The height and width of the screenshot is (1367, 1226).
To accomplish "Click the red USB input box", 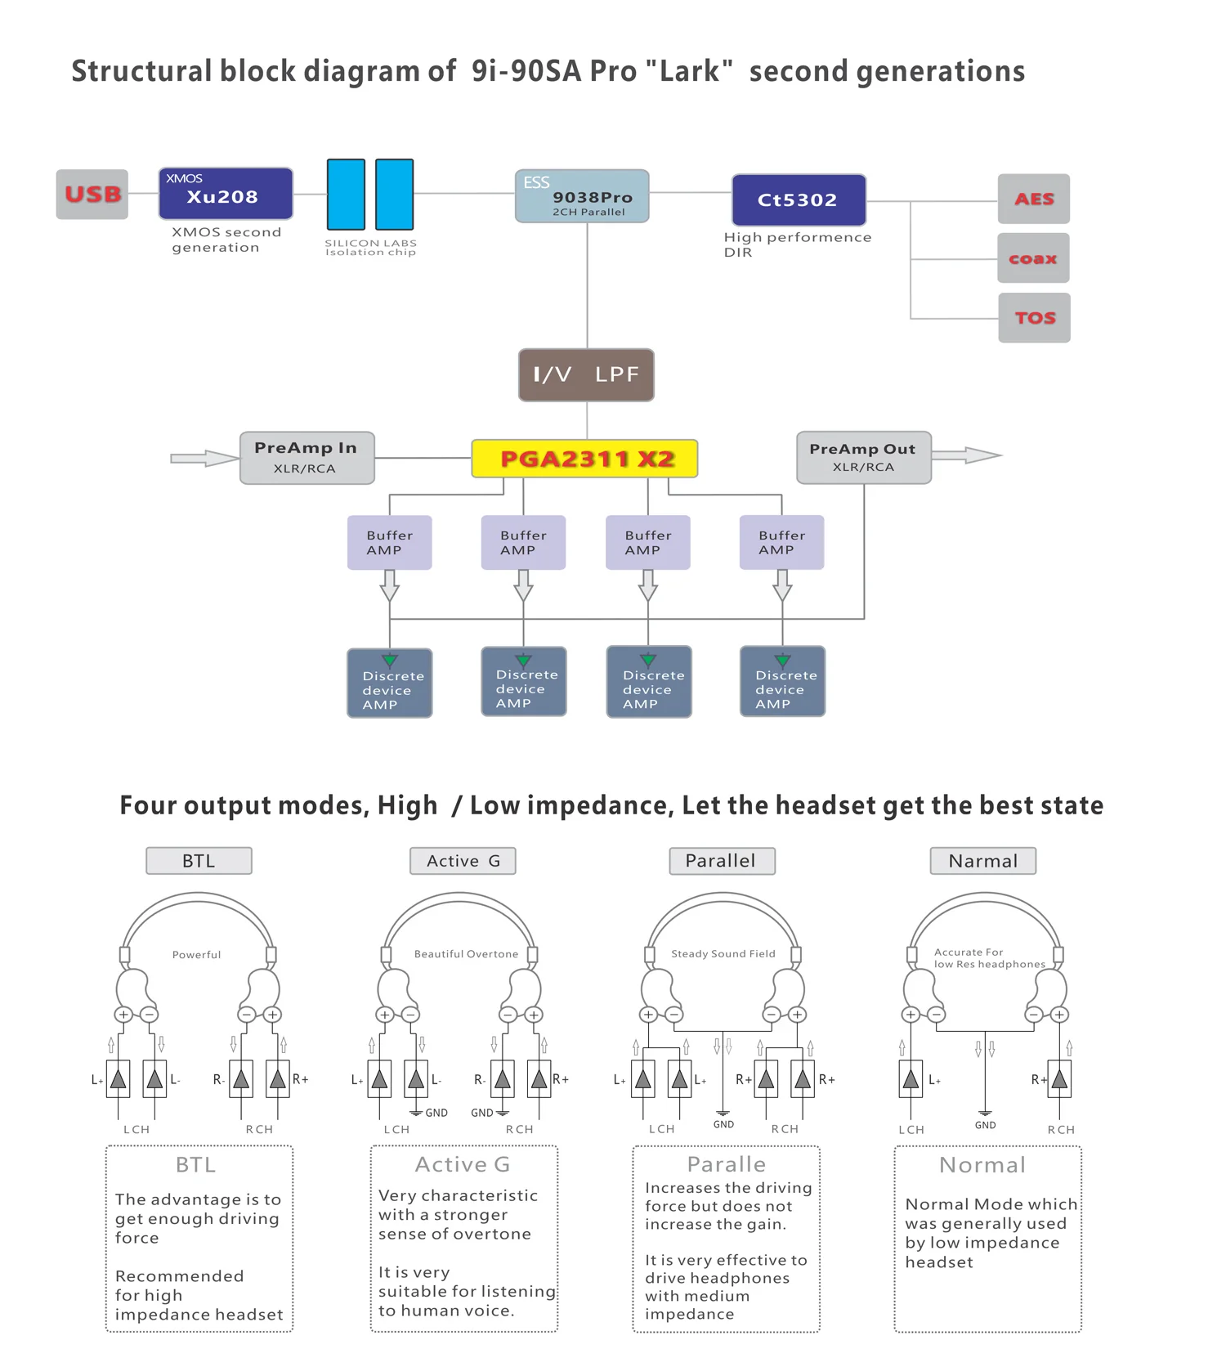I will [x=92, y=195].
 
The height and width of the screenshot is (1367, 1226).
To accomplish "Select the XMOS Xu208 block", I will [x=226, y=194].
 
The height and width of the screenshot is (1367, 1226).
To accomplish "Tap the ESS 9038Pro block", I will [x=582, y=196].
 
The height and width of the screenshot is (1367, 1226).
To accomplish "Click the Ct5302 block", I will [x=799, y=199].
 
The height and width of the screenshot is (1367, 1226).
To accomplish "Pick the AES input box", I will [x=1034, y=199].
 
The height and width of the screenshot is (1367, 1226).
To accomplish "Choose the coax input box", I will [x=1034, y=258].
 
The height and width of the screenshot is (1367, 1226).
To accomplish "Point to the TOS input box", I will [x=1035, y=318].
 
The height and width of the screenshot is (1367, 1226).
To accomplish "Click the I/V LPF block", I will [x=586, y=375].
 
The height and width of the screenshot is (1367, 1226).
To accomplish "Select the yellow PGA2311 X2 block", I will [x=585, y=459].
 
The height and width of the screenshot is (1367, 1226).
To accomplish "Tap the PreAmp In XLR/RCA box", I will [x=307, y=458].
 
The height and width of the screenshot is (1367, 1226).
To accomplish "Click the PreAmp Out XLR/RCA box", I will [x=864, y=458].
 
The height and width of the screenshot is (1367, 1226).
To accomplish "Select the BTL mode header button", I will [x=199, y=861].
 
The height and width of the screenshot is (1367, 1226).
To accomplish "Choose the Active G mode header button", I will [x=463, y=861].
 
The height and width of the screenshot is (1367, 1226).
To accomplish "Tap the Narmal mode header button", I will [x=983, y=861].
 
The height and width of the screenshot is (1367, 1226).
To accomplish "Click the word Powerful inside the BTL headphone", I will [x=196, y=955].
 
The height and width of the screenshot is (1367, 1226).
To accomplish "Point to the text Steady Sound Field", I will [x=723, y=954].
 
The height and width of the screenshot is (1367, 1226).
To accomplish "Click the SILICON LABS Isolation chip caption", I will [x=370, y=248].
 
